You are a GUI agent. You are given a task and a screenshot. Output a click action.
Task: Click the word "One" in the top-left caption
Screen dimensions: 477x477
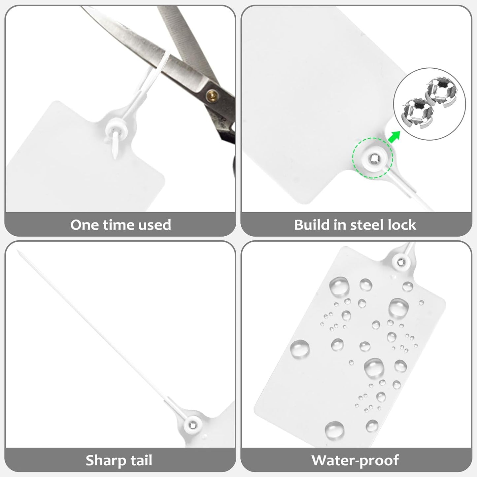[85, 225]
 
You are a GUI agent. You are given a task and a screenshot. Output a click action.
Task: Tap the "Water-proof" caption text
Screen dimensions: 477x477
[355, 460]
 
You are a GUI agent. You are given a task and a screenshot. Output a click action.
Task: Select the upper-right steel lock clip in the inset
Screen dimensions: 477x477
[441, 93]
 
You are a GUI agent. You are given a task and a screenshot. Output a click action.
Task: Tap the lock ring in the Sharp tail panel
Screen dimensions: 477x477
[193, 424]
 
